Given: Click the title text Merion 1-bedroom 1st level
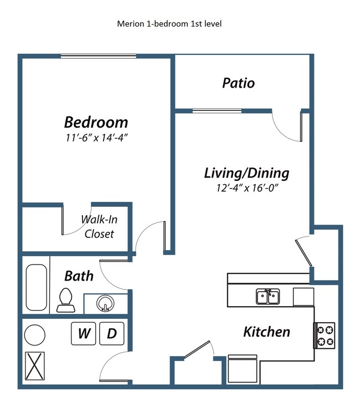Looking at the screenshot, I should pos(169,24).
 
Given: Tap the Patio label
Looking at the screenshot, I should pos(238,83).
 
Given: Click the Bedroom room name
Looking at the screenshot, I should pos(96,121).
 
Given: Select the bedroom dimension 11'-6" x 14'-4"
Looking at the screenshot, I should pos(96,137).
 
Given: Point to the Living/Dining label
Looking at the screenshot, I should pos(246,173).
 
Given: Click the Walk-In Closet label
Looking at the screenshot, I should pos(99,226).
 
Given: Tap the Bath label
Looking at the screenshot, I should pos(79,276).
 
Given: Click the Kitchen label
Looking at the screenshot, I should pos(266,332).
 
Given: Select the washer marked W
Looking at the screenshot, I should pos(84,333).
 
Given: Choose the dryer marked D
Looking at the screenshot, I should pos(112,333).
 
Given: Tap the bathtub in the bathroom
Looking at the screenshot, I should pos(37,287).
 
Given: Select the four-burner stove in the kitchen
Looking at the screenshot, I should pos(325,335).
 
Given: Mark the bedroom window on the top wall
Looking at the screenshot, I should pos(98,55).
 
